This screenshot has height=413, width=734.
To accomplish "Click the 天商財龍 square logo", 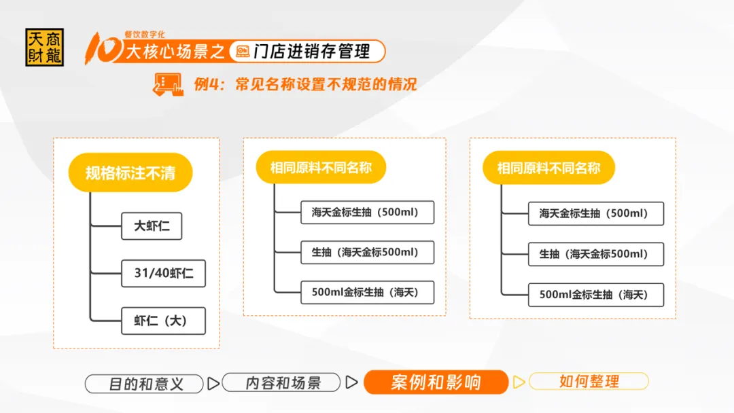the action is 44,48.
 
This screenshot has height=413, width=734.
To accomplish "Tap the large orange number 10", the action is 103,48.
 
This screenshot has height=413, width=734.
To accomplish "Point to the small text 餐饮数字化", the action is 145,34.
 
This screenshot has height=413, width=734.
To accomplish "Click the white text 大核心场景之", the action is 175,52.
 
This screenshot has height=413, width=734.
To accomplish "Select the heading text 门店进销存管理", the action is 312,52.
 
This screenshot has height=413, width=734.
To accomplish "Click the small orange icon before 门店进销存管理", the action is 243,52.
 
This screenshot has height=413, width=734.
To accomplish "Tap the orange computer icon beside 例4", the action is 168,85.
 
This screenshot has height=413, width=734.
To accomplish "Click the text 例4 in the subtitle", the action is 207,84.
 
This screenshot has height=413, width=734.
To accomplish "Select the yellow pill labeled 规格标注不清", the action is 130,173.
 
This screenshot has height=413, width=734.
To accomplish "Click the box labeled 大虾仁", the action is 152,226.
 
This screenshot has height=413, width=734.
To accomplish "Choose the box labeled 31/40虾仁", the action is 163,273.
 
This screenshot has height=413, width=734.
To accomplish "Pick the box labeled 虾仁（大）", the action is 163,321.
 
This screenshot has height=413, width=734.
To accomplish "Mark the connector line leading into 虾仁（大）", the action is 106,321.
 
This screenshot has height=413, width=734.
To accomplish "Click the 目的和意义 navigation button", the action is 144,384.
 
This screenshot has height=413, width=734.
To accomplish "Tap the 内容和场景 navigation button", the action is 281,382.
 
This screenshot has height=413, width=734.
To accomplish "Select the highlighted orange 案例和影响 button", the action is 436,382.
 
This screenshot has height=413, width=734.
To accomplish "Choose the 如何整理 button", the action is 589,381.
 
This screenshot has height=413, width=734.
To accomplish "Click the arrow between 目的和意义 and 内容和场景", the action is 213,384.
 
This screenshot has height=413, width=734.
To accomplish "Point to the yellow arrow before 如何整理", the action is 519,382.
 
